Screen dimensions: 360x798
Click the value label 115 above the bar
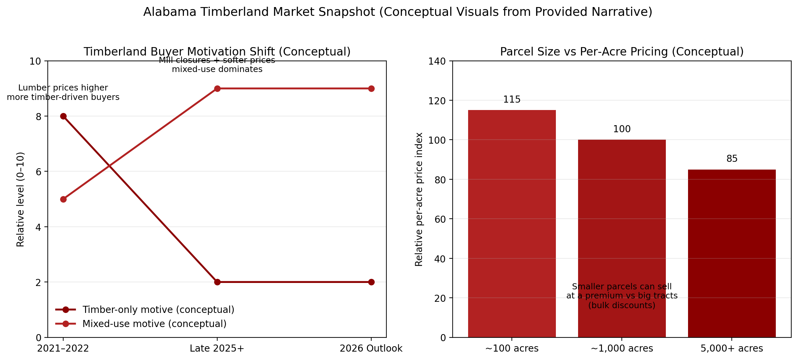[x=511, y=100]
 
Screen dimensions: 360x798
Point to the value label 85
[x=732, y=159]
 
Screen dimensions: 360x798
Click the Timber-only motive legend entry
[x=158, y=310]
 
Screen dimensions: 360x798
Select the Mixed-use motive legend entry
[x=154, y=324]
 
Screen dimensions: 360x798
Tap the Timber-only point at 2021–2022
[x=63, y=116]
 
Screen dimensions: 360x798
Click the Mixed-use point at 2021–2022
[x=63, y=199]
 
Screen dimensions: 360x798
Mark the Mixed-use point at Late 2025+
[x=217, y=88]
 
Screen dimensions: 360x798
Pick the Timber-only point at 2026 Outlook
[x=371, y=282]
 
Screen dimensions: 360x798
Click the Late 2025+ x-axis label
[x=217, y=349]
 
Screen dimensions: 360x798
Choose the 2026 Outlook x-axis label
[x=371, y=349]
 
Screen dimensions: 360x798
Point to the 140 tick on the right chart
[x=437, y=61]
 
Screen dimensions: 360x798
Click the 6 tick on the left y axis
[x=38, y=172]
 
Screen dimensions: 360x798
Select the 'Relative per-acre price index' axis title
[x=419, y=199]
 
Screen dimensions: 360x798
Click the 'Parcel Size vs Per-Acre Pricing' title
[x=621, y=52]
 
